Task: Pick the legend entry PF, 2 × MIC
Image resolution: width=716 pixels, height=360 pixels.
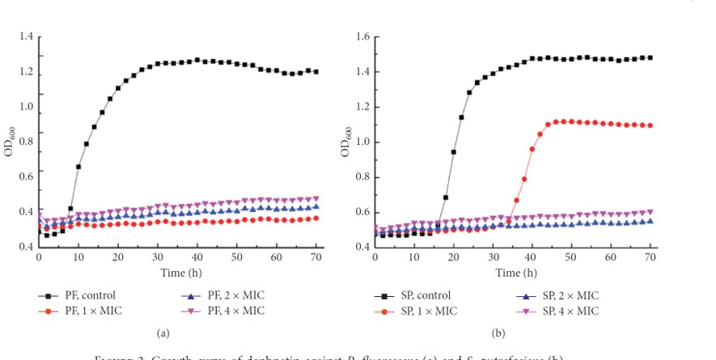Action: (x=227, y=295)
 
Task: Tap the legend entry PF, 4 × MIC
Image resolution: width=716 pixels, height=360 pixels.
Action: (x=227, y=311)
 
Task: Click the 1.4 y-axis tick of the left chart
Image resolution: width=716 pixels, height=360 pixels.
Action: (x=27, y=38)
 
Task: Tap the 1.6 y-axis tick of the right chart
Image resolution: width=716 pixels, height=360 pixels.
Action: (x=362, y=38)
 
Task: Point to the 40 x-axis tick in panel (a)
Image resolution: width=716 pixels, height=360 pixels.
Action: (x=197, y=256)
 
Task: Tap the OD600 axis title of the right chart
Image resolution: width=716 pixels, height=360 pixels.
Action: (x=345, y=142)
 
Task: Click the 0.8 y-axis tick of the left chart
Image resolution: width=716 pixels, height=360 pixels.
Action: (x=27, y=142)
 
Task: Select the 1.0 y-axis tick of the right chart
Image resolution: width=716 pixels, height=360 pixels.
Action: (x=362, y=142)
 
